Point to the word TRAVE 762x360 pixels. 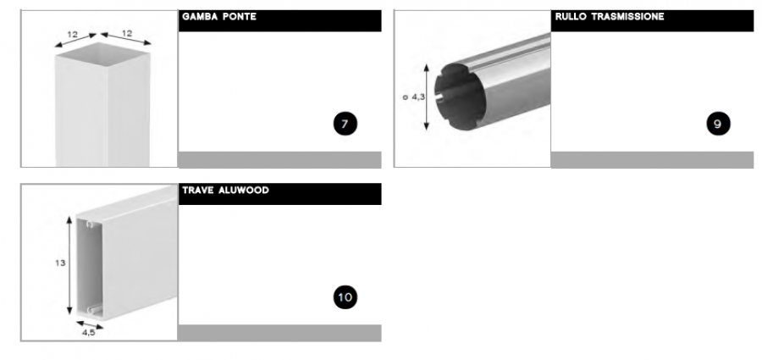point(198,191)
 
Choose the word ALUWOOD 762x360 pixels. point(244,191)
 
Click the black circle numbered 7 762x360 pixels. point(345,124)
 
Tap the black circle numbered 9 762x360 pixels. point(718,124)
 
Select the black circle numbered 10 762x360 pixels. point(345,297)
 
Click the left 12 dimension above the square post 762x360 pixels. point(73,35)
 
